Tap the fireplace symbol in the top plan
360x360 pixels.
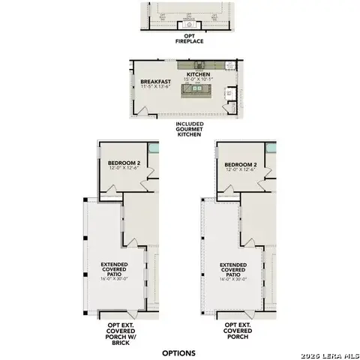[184, 26]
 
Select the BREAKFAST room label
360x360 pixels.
[155, 81]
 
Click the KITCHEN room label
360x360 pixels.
[198, 75]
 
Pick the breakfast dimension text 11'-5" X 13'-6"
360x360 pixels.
[155, 87]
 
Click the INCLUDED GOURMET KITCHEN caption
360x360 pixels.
[189, 129]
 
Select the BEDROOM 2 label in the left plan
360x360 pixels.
[121, 163]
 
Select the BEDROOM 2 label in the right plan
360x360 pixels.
[240, 164]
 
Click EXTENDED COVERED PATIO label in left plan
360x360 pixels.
[114, 269]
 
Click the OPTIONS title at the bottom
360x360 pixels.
[178, 352]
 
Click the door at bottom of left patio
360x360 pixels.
[130, 310]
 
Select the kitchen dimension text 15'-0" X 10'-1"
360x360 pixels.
[198, 80]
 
